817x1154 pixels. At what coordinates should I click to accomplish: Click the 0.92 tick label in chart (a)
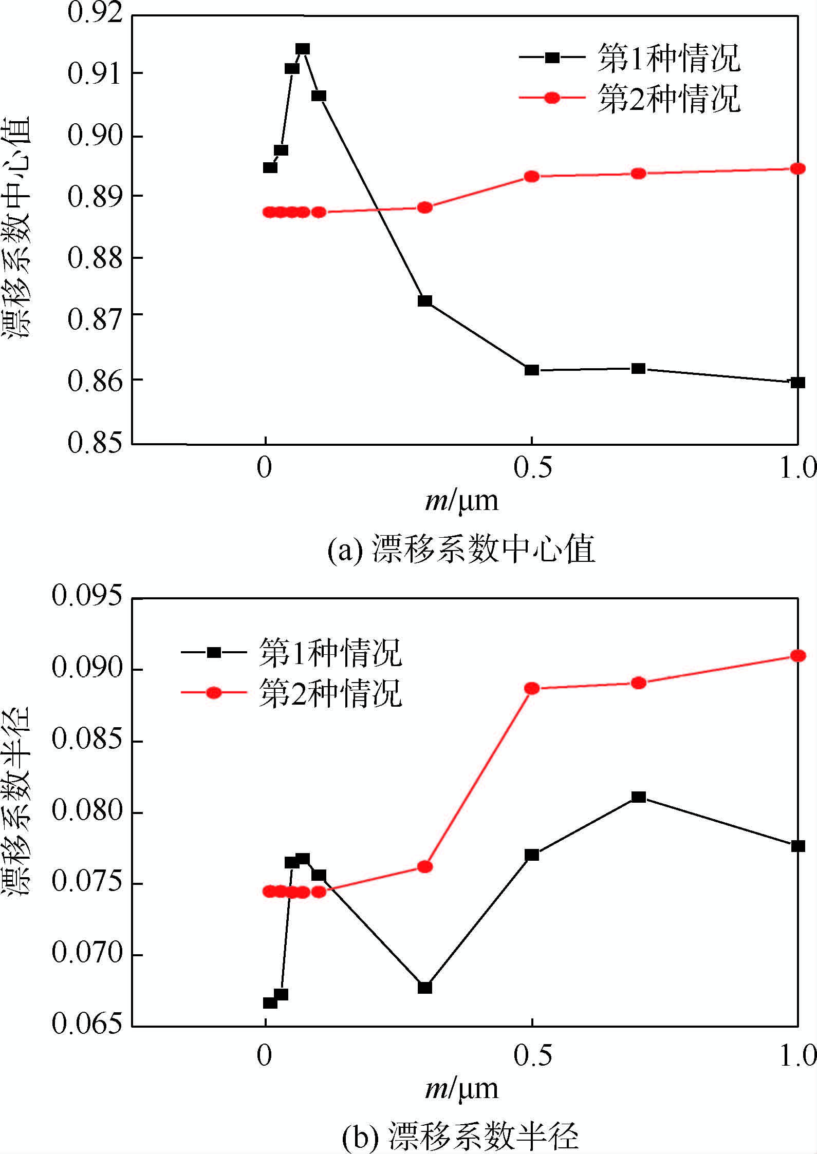click(x=96, y=13)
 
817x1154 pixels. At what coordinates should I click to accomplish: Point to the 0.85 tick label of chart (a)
click(x=96, y=443)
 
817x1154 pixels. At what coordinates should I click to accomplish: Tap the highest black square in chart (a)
click(x=303, y=49)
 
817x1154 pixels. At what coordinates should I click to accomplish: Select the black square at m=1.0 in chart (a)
click(x=797, y=382)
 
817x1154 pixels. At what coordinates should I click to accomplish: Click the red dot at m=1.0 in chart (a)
click(x=797, y=168)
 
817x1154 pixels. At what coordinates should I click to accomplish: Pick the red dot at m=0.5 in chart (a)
click(x=532, y=177)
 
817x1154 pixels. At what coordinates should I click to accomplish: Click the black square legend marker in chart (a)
click(x=552, y=58)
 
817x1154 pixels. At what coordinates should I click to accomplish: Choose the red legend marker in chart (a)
click(x=552, y=98)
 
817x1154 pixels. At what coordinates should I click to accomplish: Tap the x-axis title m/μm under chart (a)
click(x=461, y=500)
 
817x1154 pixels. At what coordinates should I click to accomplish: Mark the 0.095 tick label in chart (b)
click(x=88, y=597)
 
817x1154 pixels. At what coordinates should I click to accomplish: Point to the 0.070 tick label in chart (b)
click(x=88, y=953)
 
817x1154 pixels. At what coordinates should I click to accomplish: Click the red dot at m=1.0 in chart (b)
click(x=797, y=655)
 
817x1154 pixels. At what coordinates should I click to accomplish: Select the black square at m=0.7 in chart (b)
click(x=638, y=797)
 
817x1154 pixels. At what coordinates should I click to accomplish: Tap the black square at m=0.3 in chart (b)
click(x=424, y=988)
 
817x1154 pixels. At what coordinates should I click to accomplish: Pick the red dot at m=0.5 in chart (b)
click(x=532, y=688)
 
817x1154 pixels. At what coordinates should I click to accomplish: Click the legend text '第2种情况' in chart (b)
click(x=331, y=693)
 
